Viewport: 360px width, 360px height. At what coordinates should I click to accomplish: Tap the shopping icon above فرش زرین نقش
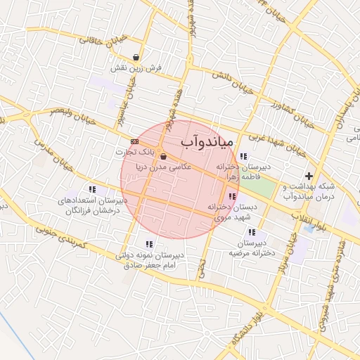136,58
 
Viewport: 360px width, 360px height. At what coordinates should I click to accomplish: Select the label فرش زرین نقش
136,69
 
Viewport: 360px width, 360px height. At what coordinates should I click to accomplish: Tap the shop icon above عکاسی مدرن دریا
164,156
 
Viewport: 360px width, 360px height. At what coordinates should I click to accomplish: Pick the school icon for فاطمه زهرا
243,156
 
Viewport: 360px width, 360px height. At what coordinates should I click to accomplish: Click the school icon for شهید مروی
233,196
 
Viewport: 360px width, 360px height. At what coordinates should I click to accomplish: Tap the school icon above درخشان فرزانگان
92,189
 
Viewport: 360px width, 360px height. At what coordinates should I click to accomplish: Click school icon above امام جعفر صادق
148,244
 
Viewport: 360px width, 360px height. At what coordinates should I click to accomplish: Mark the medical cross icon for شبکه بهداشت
308,175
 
